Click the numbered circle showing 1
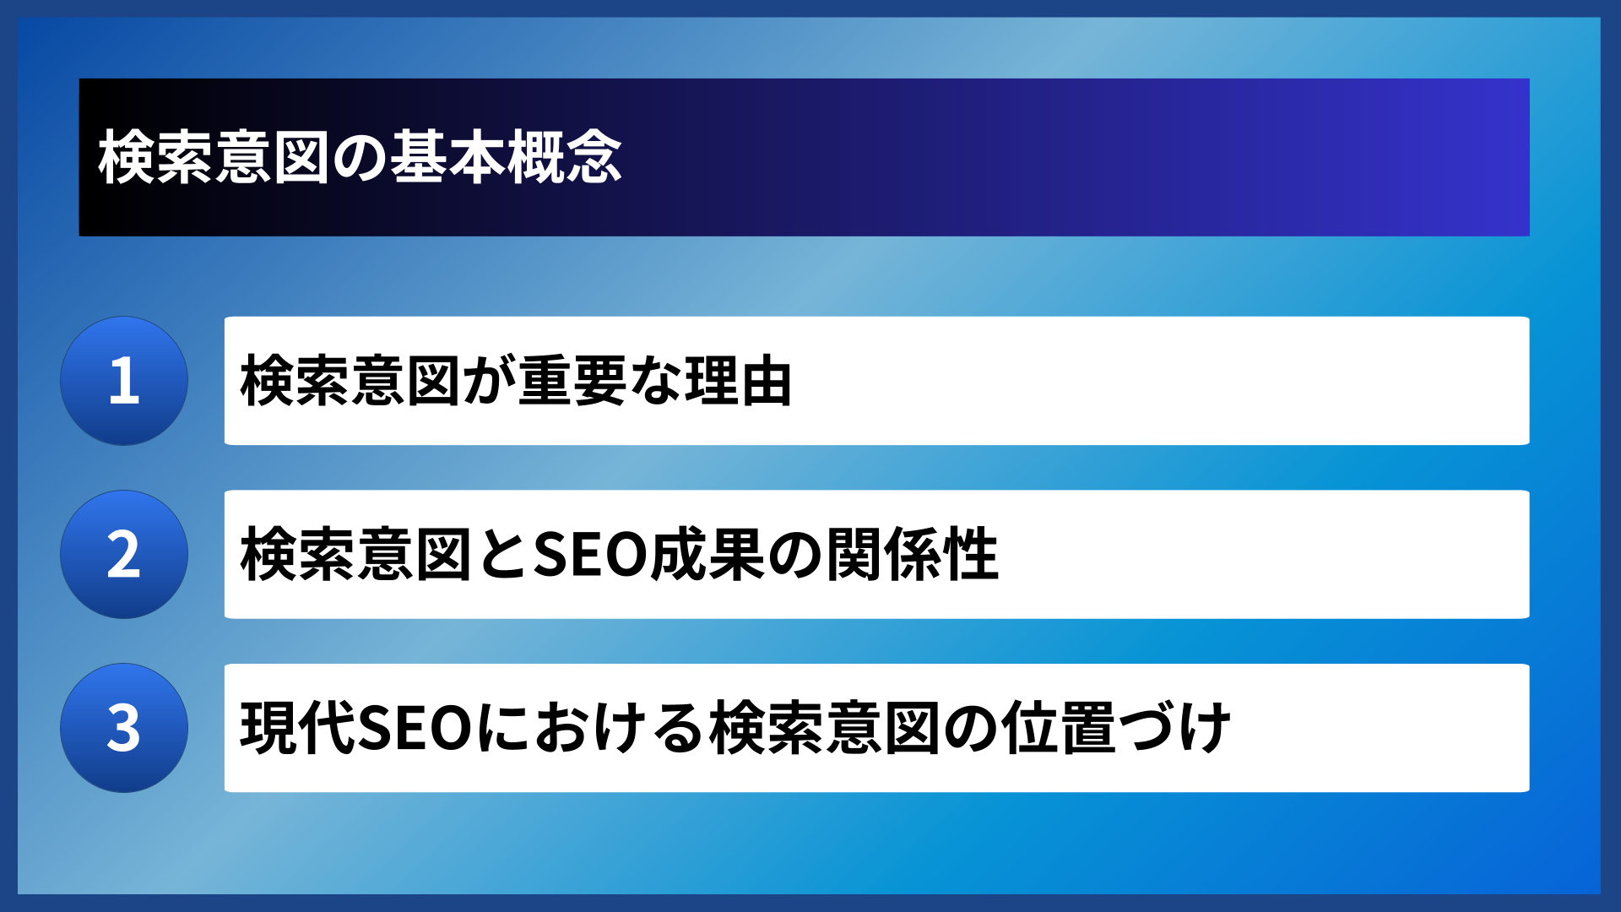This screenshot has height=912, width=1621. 124,381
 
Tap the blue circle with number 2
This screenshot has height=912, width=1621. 124,555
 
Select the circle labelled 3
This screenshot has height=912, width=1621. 124,728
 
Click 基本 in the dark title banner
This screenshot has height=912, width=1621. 448,158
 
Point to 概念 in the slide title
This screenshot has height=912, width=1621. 565,158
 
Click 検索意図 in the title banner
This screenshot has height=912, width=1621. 214,158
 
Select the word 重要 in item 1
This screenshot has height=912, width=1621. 574,382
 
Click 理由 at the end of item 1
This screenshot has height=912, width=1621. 738,382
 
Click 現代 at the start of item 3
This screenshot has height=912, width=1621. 298,728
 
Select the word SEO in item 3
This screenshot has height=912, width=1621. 415,728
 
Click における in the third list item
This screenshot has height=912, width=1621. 590,728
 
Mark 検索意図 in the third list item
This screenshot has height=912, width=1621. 824,728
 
